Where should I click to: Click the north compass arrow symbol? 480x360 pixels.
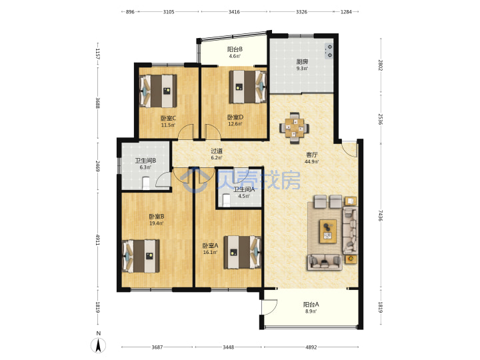pyautogui.click(x=98, y=345)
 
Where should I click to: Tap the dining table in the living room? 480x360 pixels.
pyautogui.click(x=295, y=127)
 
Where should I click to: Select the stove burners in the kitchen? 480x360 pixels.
pyautogui.click(x=329, y=51)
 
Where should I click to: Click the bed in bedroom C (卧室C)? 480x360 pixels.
pyautogui.click(x=158, y=91)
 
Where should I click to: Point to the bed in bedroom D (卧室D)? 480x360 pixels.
pyautogui.click(x=248, y=87)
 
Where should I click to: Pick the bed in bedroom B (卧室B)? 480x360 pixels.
pyautogui.click(x=141, y=256)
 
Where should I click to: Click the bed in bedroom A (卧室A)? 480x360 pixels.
pyautogui.click(x=243, y=252)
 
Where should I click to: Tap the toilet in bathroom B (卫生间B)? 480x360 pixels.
pyautogui.click(x=146, y=183)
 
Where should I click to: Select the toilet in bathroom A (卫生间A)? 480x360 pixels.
pyautogui.click(x=226, y=201)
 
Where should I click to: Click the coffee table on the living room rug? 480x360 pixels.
pyautogui.click(x=328, y=231)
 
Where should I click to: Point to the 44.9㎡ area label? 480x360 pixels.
pyautogui.click(x=311, y=161)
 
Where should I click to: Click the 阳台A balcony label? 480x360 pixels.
pyautogui.click(x=311, y=304)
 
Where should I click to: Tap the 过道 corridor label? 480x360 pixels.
pyautogui.click(x=217, y=151)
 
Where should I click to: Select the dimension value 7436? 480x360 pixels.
pyautogui.click(x=380, y=215)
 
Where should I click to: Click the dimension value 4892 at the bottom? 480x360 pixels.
pyautogui.click(x=311, y=347)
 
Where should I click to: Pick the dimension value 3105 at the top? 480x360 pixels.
pyautogui.click(x=169, y=12)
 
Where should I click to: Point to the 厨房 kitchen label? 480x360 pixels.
pyautogui.click(x=302, y=61)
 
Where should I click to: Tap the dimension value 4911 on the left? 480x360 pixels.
pyautogui.click(x=97, y=240)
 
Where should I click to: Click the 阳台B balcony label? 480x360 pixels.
pyautogui.click(x=235, y=49)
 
